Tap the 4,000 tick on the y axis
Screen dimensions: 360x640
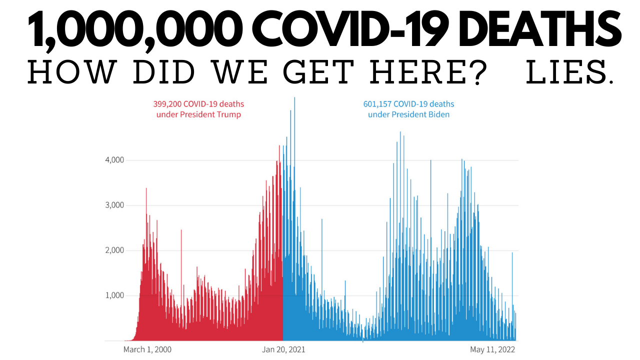(114, 160)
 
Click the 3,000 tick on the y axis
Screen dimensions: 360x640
(114, 205)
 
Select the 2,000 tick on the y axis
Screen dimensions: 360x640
(114, 250)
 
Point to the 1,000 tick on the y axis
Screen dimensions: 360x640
(114, 295)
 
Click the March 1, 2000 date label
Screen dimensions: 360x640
(147, 349)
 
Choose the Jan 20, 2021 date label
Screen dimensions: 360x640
(283, 349)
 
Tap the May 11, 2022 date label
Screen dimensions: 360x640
(492, 349)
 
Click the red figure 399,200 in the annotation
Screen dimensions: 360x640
(166, 104)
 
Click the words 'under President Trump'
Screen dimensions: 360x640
(199, 114)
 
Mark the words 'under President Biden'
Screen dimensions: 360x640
(408, 114)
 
